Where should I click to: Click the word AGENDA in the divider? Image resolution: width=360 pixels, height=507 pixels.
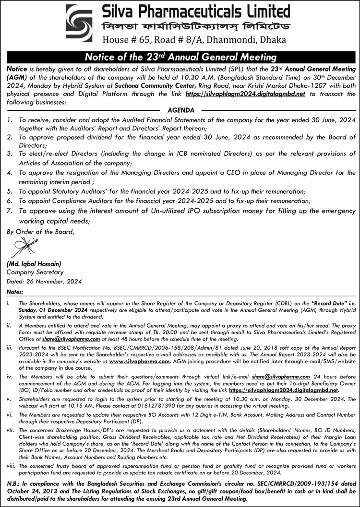(180, 110)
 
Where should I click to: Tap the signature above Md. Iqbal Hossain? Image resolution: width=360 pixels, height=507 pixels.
(22, 248)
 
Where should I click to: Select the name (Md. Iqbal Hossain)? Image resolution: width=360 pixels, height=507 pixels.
(34, 263)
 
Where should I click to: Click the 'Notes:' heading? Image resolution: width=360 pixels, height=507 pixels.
(15, 292)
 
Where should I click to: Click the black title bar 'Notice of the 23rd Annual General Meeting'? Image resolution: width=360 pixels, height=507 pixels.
(180, 57)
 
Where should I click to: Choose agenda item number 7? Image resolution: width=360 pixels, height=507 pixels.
(10, 211)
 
